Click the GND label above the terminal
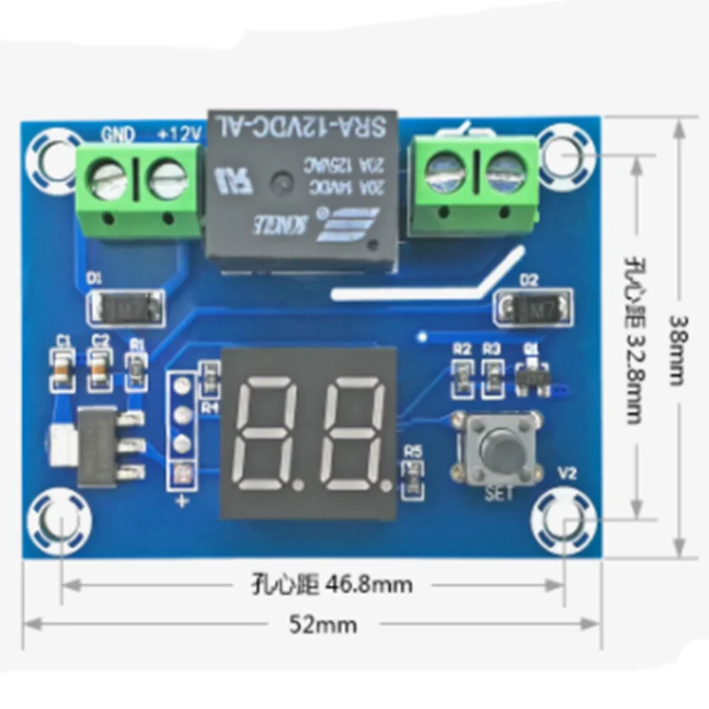tap(117, 135)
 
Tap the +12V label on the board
tap(181, 135)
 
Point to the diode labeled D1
tap(125, 309)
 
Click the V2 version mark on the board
tap(568, 473)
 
